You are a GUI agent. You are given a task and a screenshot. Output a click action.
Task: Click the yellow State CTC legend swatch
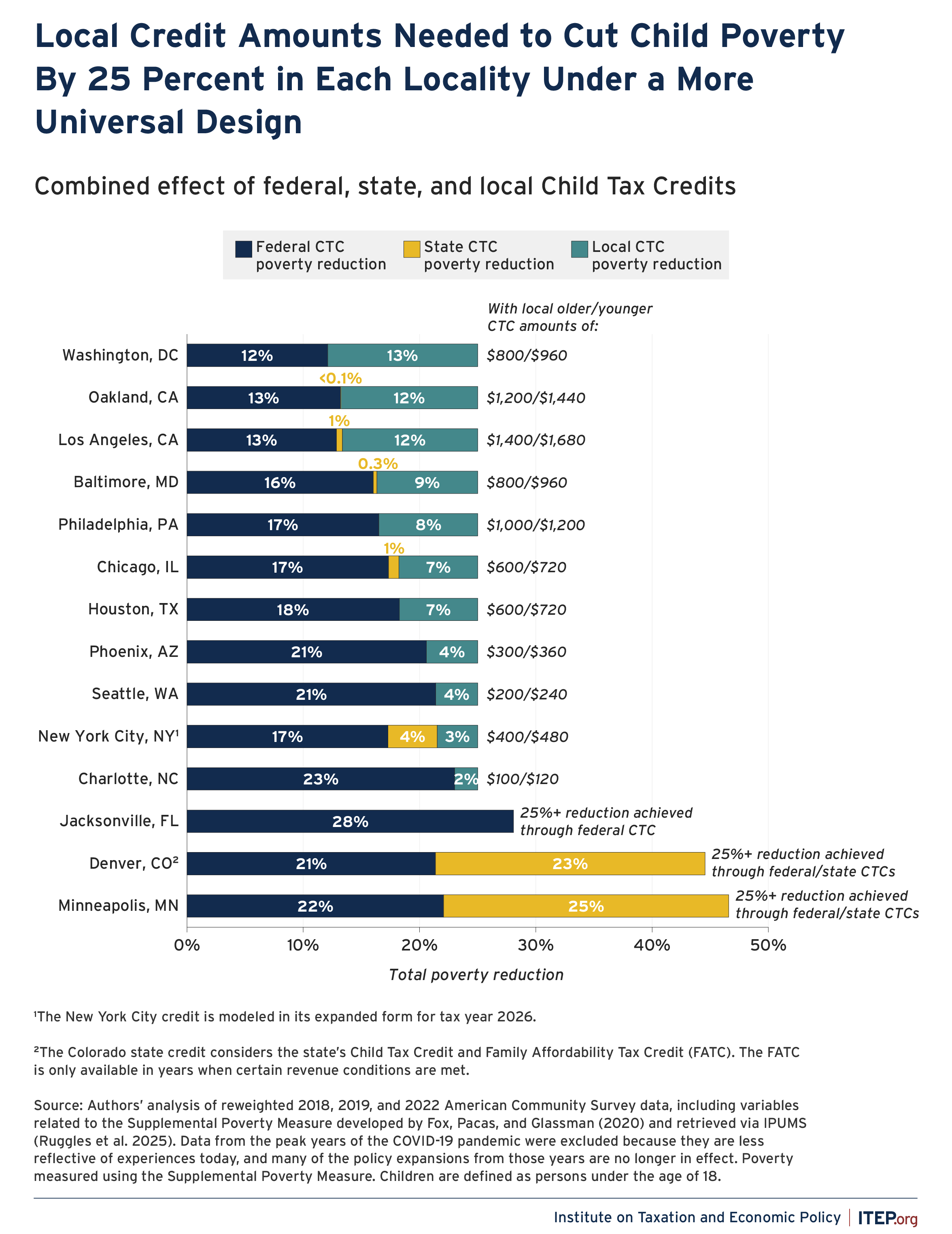point(412,249)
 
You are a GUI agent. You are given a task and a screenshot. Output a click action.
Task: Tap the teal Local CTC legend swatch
point(579,249)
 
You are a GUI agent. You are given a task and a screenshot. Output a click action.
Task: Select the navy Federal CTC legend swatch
point(243,249)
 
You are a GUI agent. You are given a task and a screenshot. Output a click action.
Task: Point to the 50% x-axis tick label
point(768,945)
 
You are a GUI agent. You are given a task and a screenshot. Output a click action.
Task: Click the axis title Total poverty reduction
point(476,975)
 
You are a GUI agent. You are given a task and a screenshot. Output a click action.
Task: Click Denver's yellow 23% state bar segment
point(570,863)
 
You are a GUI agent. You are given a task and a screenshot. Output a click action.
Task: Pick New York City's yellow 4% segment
point(412,736)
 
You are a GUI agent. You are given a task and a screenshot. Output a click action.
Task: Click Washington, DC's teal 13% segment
point(402,356)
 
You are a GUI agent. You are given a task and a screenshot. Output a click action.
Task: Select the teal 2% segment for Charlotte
point(466,779)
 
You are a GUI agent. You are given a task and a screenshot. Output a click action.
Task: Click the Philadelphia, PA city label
point(118,524)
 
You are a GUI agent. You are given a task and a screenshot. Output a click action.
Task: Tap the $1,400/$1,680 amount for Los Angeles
point(536,440)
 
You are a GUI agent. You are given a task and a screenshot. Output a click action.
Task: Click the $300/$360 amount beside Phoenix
point(526,652)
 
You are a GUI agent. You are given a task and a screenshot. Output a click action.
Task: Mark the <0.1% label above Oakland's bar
point(340,378)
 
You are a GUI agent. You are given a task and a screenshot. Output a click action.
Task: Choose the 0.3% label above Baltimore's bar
point(378,463)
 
